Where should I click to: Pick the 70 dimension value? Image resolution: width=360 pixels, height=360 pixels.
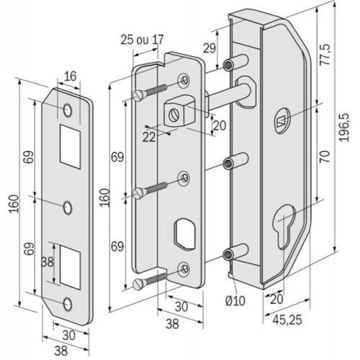pyautogui.click(x=325, y=154)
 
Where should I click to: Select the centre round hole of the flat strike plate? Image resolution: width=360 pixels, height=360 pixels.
pyautogui.click(x=67, y=207)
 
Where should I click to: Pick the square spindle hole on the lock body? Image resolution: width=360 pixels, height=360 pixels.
pyautogui.click(x=281, y=122)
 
